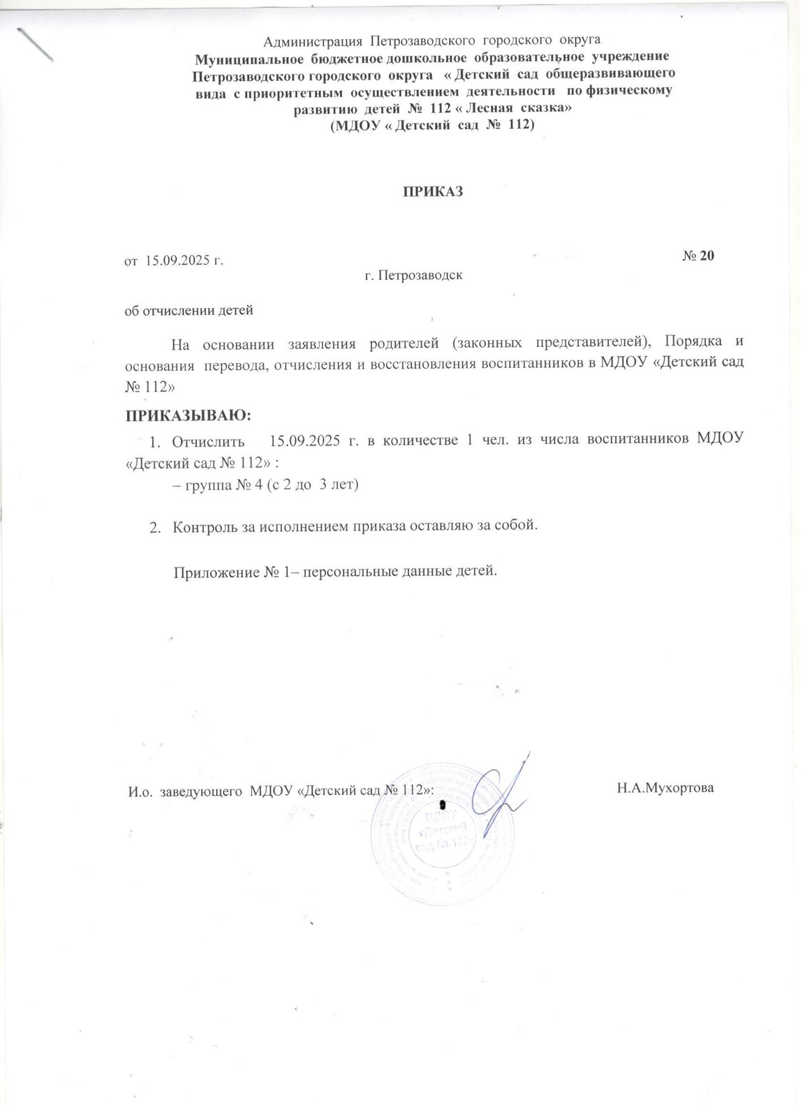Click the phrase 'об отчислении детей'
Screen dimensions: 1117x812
(189, 311)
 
